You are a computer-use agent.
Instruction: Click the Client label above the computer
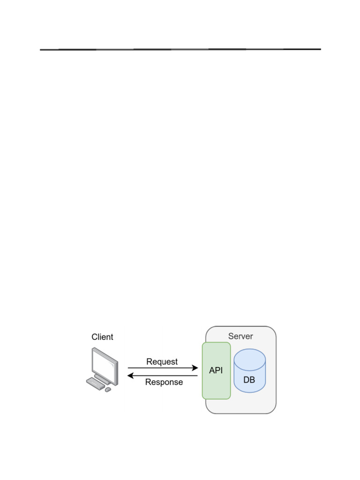[102, 337]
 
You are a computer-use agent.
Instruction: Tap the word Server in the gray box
[240, 336]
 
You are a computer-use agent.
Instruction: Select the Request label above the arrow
[162, 362]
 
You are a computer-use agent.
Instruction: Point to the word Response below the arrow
[164, 382]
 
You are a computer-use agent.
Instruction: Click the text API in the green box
[216, 370]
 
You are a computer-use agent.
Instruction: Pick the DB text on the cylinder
[249, 380]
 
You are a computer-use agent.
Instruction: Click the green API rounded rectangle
[216, 389]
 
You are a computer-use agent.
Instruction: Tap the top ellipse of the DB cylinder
[250, 358]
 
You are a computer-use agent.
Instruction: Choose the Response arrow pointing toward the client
[164, 375]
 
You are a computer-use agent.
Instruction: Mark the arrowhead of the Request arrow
[195, 368]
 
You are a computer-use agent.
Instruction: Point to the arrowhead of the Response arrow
[131, 375]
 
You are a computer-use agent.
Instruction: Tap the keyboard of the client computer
[96, 383]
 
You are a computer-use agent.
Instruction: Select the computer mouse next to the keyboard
[108, 390]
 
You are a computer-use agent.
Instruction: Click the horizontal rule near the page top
[180, 49]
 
